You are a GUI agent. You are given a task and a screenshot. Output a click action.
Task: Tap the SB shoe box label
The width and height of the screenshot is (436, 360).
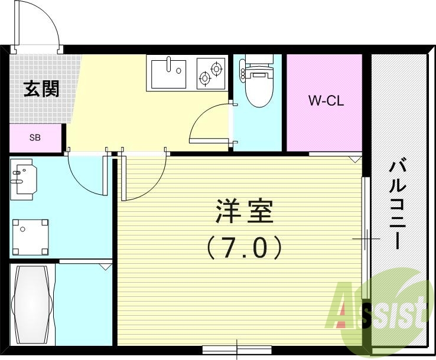click(35, 138)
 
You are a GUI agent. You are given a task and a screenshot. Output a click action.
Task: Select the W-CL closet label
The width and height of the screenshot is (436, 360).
click(326, 101)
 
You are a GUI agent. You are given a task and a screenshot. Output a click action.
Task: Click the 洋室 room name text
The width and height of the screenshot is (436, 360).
click(245, 212)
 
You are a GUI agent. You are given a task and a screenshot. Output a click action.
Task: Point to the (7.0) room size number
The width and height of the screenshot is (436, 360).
click(244, 247)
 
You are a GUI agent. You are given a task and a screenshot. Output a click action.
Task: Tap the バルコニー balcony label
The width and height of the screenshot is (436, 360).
click(396, 204)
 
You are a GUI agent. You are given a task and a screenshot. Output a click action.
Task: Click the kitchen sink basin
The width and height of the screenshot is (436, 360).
click(168, 73)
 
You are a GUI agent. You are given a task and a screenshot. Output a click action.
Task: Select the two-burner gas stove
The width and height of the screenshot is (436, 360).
click(210, 73)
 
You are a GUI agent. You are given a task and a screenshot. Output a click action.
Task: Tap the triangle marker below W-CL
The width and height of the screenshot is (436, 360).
click(354, 159)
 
